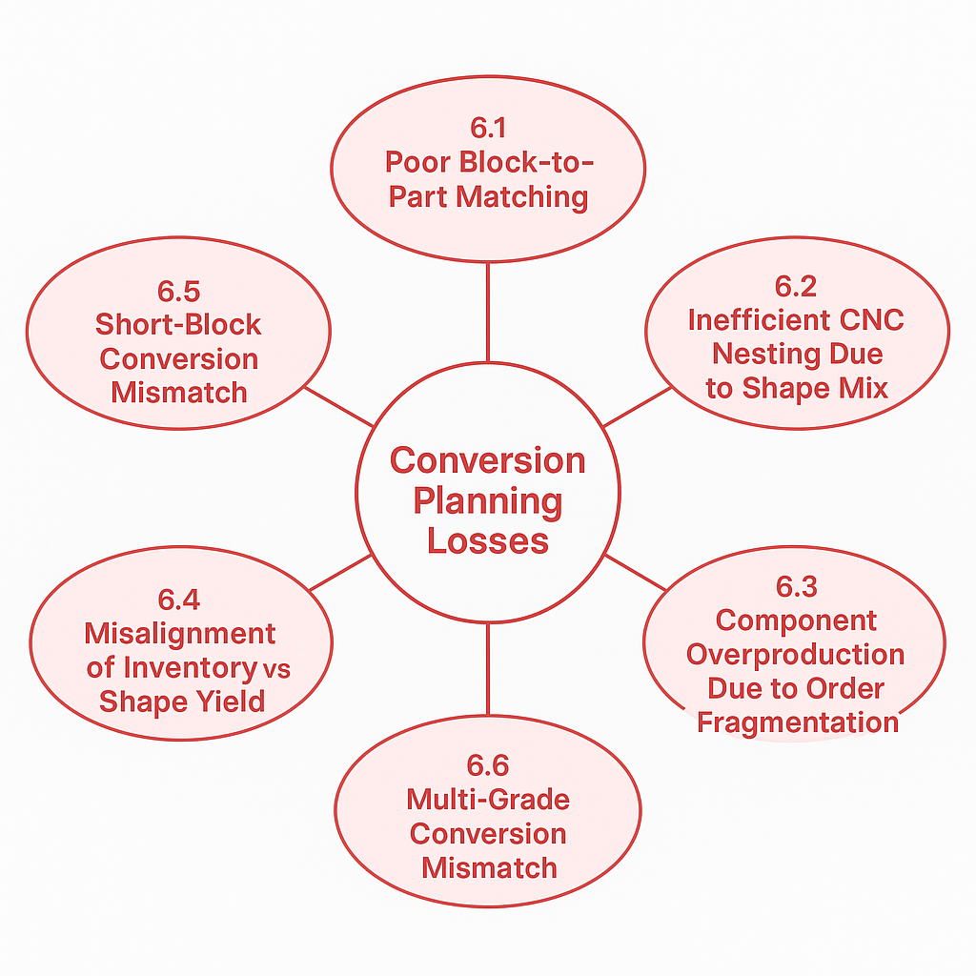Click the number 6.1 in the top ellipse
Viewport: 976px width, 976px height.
coord(487,128)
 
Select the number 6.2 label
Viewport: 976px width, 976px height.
coord(796,286)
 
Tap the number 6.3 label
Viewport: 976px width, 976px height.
coord(796,586)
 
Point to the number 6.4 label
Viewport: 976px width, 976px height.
coord(179,600)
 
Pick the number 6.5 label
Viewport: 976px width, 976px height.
coord(179,291)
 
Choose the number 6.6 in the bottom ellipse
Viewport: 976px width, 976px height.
coord(487,765)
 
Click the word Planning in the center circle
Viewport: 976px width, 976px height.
coord(487,500)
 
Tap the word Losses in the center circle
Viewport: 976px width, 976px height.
coord(487,540)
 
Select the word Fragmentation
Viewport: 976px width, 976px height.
coord(798,722)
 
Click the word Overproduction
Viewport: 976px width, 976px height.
coord(796,654)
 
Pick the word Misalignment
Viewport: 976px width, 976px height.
coord(180,633)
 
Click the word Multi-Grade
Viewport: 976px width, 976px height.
coord(488,799)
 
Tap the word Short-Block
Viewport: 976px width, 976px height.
coord(178,324)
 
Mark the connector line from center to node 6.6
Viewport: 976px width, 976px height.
coord(487,668)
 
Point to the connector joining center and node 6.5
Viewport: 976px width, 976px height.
coord(337,407)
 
